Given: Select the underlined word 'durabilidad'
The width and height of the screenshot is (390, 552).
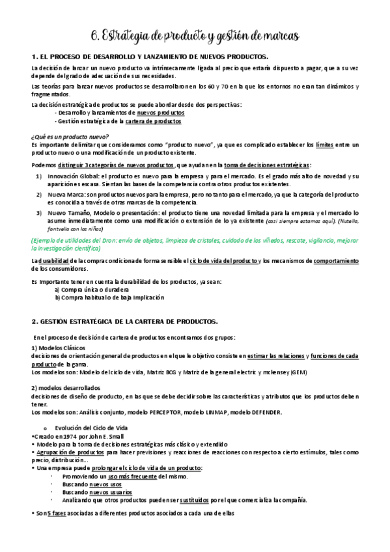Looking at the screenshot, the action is coord(57,261).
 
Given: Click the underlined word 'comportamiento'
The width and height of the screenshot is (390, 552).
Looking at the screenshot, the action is coord(336,261).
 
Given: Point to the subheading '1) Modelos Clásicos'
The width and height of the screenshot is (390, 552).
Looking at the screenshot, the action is coord(61,348).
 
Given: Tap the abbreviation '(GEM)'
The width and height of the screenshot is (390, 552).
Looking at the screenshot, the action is coord(298,372).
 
